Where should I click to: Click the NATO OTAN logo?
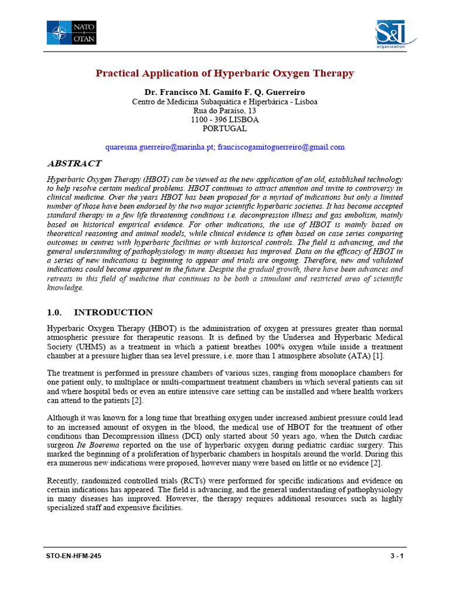pyautogui.click(x=71, y=32)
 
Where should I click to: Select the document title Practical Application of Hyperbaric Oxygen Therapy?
pyautogui.click(x=225, y=73)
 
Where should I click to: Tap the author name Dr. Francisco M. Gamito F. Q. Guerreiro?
pyautogui.click(x=224, y=93)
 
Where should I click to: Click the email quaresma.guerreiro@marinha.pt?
pyautogui.click(x=159, y=147)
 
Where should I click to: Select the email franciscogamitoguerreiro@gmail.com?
pyautogui.click(x=281, y=147)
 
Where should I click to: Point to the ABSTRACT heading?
pyautogui.click(x=73, y=163)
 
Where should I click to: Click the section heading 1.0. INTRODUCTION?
pyautogui.click(x=100, y=312)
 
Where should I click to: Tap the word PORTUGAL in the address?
pyautogui.click(x=224, y=128)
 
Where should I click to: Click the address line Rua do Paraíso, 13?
pyautogui.click(x=224, y=111)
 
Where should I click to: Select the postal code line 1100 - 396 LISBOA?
pyautogui.click(x=224, y=120)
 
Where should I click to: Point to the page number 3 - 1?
pyautogui.click(x=396, y=556)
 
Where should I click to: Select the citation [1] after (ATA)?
pyautogui.click(x=379, y=356)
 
